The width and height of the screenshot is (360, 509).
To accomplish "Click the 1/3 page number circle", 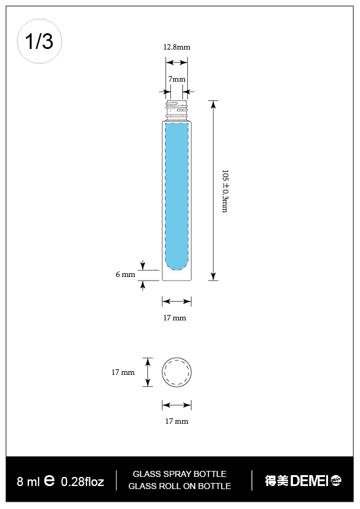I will [39, 41].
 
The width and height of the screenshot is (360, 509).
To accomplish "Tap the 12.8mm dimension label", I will [176, 47].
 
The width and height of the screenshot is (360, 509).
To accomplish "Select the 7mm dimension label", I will [176, 79].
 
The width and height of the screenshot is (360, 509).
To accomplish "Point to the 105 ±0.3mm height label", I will [225, 190].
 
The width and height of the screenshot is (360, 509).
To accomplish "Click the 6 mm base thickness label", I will [125, 274].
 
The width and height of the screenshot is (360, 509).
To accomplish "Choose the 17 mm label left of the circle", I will [123, 372].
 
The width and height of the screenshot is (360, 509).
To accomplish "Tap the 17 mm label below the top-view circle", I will [176, 421].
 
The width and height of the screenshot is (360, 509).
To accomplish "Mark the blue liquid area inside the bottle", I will [177, 193].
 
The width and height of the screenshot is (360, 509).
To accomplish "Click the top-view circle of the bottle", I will [176, 372].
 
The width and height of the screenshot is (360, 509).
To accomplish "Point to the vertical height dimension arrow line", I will [213, 190].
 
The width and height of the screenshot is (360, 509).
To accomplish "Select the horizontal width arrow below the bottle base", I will [176, 301].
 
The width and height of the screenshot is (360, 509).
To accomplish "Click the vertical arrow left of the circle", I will [147, 372].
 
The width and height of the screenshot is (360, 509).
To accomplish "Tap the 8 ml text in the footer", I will [28, 482].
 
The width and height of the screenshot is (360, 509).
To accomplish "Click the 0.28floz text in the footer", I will [83, 482].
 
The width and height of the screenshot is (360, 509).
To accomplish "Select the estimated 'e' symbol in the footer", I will [50, 481].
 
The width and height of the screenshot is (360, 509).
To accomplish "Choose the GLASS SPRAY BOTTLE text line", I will [179, 474].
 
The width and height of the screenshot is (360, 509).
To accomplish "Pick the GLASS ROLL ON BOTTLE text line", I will [179, 486].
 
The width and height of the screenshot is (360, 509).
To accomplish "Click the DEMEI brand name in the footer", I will [309, 481].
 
